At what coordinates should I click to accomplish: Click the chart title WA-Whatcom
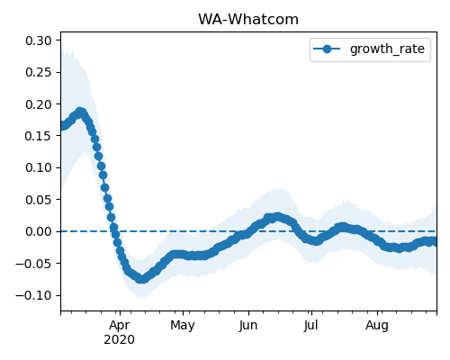tap(248, 20)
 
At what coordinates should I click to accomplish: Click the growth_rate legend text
tap(387, 49)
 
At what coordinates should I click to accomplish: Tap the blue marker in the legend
tap(327, 49)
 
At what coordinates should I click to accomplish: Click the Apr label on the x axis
tap(120, 326)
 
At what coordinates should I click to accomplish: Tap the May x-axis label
tap(183, 326)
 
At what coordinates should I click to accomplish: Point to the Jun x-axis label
tap(248, 326)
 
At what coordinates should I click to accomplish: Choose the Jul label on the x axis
tap(310, 326)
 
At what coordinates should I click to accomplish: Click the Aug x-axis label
tap(377, 326)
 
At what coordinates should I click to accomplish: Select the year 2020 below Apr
tap(119, 340)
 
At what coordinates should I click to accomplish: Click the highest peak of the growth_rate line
tap(80, 112)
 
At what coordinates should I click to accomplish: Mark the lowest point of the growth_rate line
tap(141, 279)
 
